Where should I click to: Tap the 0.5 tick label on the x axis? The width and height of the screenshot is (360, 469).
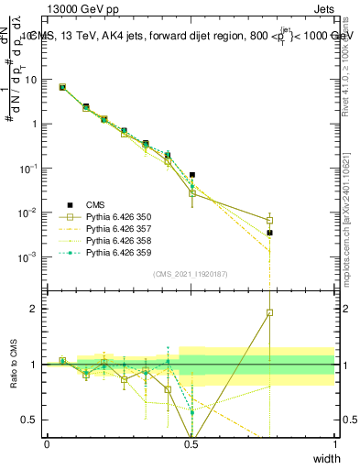coord(191,443)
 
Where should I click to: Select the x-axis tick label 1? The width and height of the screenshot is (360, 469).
coord(335,443)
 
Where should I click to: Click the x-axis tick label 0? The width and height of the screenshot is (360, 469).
coord(47,443)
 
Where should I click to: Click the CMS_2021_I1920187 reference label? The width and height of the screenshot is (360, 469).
coord(190,274)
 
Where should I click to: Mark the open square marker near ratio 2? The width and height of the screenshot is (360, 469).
coord(270,312)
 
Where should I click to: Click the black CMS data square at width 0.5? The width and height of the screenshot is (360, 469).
coord(192,175)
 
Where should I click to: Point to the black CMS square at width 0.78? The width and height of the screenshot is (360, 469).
coord(270,233)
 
